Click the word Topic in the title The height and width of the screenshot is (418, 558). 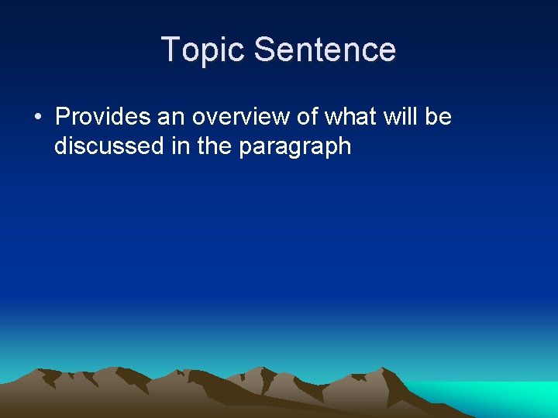pos(204,50)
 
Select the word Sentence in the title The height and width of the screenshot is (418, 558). pos(325,50)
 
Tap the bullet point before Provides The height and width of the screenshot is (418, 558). pos(37,118)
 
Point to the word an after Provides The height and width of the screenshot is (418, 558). pos(171,117)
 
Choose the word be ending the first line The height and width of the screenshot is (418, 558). pos(439,117)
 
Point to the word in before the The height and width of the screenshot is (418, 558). pos(181,146)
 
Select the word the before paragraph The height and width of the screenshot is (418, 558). pos(215,146)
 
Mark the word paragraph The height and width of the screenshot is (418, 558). pos(295,147)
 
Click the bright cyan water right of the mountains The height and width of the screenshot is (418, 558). pos(496,396)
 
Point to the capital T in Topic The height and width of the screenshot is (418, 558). pos(170,50)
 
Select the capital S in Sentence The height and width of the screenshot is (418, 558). pos(264,50)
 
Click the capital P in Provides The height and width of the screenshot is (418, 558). pos(64,117)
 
